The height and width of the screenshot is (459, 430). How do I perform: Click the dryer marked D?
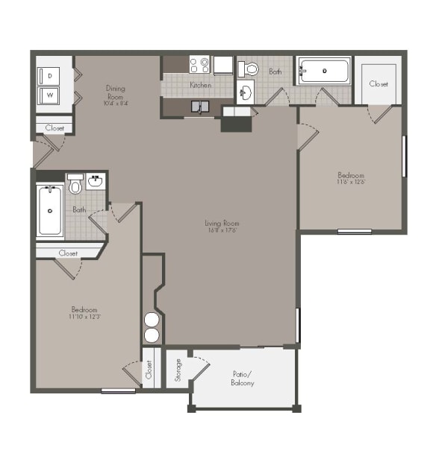pyautogui.click(x=50, y=76)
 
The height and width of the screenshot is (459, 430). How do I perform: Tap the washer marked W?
pyautogui.click(x=50, y=95)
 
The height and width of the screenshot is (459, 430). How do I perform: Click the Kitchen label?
pyautogui.click(x=199, y=86)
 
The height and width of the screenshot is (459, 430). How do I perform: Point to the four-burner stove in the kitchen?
pyautogui.click(x=199, y=65)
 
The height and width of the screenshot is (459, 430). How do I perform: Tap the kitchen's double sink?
pyautogui.click(x=199, y=107)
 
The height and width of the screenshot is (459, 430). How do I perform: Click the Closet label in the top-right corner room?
pyautogui.click(x=378, y=84)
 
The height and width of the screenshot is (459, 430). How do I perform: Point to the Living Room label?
pyautogui.click(x=222, y=226)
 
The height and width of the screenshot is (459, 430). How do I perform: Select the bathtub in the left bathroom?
pyautogui.click(x=50, y=211)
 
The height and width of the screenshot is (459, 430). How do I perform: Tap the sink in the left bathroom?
pyautogui.click(x=96, y=181)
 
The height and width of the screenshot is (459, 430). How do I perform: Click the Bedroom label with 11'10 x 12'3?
pyautogui.click(x=84, y=312)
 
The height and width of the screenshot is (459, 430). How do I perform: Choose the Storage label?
pyautogui.click(x=178, y=370)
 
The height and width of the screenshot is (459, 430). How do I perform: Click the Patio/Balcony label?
pyautogui.click(x=242, y=378)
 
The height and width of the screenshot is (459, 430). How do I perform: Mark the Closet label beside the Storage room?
pyautogui.click(x=149, y=369)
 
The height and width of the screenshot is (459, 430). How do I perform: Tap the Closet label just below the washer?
pyautogui.click(x=54, y=128)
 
